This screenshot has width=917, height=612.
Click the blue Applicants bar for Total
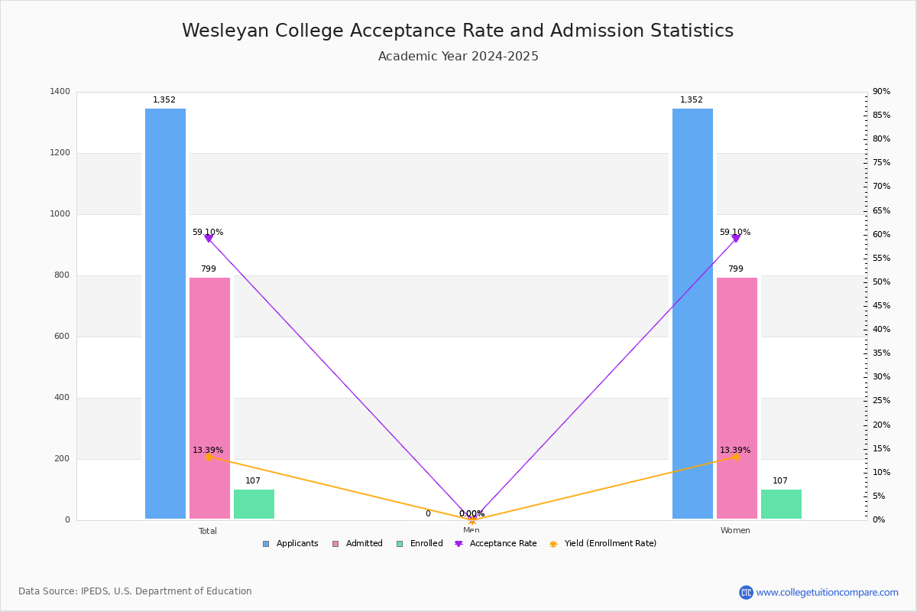(x=165, y=314)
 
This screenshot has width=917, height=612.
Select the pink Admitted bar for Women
(x=737, y=398)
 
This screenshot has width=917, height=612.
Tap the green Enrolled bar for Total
(x=254, y=504)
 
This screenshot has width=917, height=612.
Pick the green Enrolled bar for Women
(x=781, y=504)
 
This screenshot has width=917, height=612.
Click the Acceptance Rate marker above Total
(x=209, y=239)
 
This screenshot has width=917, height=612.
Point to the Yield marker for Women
(x=735, y=457)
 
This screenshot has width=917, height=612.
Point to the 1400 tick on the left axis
(x=60, y=92)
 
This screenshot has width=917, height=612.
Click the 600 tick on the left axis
(x=61, y=337)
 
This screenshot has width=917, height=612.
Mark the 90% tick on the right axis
(x=881, y=92)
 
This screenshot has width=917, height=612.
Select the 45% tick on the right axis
(x=881, y=306)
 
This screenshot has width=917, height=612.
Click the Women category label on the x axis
(x=735, y=531)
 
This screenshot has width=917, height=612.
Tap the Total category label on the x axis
(x=208, y=531)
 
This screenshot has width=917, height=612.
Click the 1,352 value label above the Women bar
(x=692, y=100)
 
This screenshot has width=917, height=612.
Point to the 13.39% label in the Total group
(x=208, y=451)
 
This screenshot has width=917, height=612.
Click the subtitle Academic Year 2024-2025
(x=458, y=57)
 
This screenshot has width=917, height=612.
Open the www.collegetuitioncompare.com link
(x=827, y=592)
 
